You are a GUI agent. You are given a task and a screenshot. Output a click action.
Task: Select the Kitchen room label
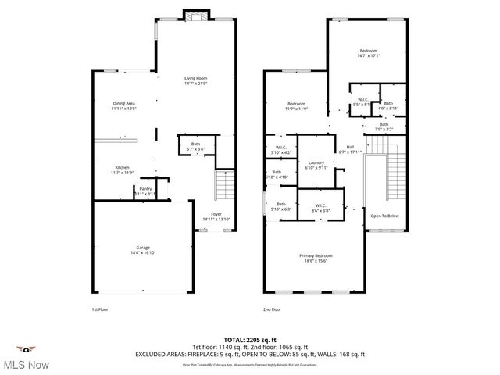tap(123, 170)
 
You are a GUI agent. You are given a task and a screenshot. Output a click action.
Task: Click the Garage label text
tap(141, 249)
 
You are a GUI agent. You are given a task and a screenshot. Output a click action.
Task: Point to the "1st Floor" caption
tap(100, 310)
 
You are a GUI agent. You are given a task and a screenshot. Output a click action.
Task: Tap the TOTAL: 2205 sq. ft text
tap(250, 340)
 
